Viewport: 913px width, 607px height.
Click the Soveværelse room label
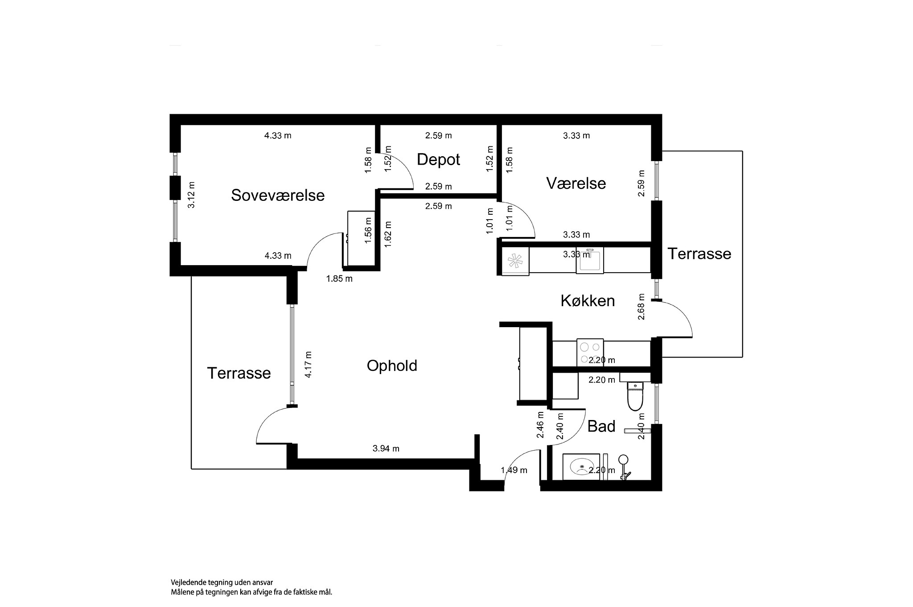point(278,195)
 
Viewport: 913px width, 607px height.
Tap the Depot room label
point(438,159)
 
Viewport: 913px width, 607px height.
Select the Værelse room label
point(576,183)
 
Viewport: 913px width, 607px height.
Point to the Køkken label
point(588,301)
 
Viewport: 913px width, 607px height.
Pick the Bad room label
point(601,426)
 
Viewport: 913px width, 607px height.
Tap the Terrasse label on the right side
point(699,254)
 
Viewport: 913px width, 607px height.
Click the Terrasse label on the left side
point(239,373)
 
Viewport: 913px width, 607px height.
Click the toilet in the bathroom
point(634,396)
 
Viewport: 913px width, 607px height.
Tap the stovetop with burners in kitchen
point(590,352)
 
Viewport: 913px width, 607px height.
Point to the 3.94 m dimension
point(386,449)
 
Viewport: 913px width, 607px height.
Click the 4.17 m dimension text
point(308,365)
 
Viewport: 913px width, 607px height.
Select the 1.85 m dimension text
point(339,279)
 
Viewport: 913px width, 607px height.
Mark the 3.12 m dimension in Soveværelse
point(191,195)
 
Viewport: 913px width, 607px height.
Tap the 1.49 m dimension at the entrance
point(514,470)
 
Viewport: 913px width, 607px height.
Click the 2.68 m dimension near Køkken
point(641,307)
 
